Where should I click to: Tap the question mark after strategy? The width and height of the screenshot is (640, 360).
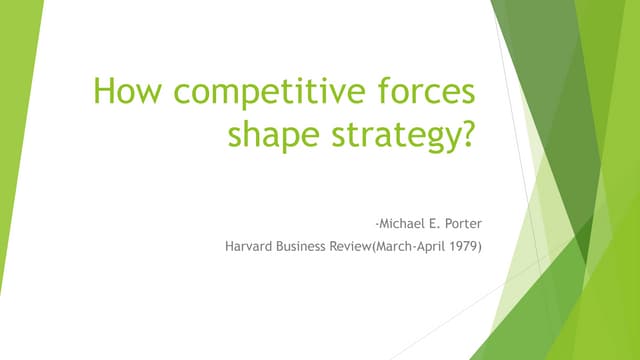point(463,133)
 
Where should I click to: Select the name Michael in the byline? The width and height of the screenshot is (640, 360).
point(393,214)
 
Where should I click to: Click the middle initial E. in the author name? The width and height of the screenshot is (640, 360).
point(428,214)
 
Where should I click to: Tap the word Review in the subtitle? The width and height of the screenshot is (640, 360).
point(370,240)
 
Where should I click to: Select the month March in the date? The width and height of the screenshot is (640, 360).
point(416,240)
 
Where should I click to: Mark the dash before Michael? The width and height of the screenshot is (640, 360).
point(369,215)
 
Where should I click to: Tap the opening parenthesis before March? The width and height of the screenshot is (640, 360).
point(395,240)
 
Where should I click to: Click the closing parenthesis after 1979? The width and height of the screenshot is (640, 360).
point(478,240)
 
